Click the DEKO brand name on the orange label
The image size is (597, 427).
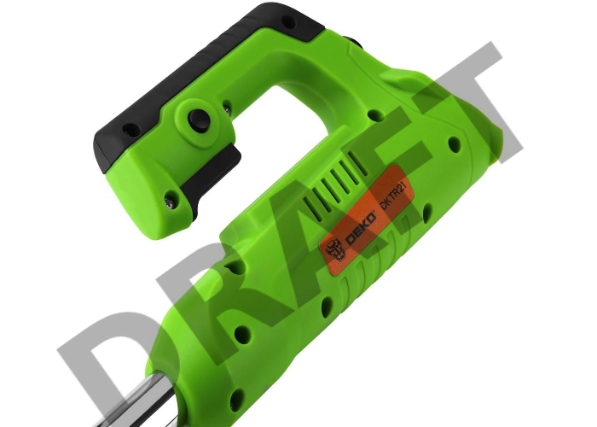pyautogui.click(x=360, y=230)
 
